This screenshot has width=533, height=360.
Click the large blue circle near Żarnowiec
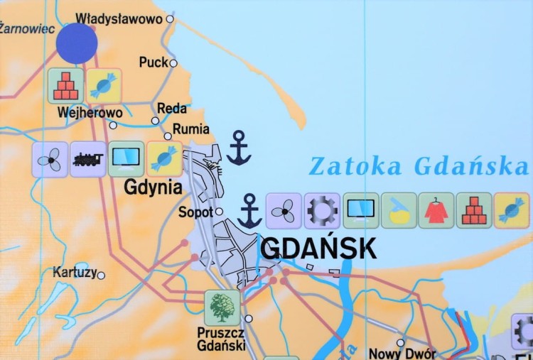pos(77,43)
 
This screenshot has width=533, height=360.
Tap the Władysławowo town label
pos(119,18)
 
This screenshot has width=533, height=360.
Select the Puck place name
pos(154,62)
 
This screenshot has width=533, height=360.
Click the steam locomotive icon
pos(88,159)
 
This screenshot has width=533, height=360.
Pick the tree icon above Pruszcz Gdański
pos(222,307)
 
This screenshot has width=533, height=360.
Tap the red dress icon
pos(436,211)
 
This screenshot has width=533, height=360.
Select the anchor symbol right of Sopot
pos(249,211)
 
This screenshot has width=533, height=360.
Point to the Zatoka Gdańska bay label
pos(419,165)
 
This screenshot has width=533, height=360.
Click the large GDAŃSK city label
pos(318,248)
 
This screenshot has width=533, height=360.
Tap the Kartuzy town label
pos(75,272)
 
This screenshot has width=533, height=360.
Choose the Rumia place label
pos(192,129)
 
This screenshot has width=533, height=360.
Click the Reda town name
pos(172,109)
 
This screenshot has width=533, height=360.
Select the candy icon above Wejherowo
pos(104,86)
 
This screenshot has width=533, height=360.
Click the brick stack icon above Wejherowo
pos(66,86)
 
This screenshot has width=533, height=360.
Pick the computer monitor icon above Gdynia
pos(126,159)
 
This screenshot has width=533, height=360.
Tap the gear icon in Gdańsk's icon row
pos(322,211)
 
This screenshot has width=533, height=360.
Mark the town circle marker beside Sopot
pos(220,212)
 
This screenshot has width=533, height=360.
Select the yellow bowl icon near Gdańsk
pos(398,211)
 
